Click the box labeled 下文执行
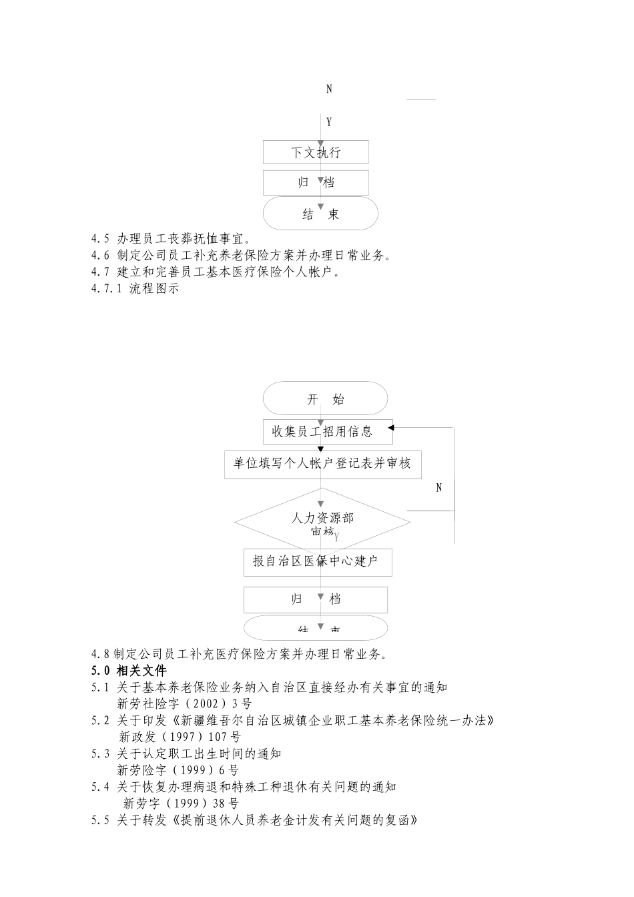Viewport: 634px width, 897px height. pyautogui.click(x=316, y=152)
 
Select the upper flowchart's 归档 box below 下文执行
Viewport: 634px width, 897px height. pyautogui.click(x=316, y=183)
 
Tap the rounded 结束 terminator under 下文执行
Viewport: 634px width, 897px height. pyautogui.click(x=320, y=214)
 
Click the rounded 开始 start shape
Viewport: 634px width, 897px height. pyautogui.click(x=325, y=399)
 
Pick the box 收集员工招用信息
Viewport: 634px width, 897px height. pyautogui.click(x=327, y=431)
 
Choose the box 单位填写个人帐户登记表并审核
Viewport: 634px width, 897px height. pyautogui.click(x=322, y=463)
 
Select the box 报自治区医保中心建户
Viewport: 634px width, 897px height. pyautogui.click(x=317, y=562)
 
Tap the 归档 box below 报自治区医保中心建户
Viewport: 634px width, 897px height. pyautogui.click(x=315, y=599)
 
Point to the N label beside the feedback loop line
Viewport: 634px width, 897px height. pyautogui.click(x=439, y=488)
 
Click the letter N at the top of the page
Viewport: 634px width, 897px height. pyautogui.click(x=329, y=89)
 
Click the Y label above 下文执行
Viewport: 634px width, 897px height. pyautogui.click(x=329, y=122)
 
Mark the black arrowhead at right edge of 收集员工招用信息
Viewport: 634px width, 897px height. pyautogui.click(x=390, y=428)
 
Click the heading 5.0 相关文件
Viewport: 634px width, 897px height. pyautogui.click(x=129, y=671)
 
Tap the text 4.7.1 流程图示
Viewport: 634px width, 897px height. pyautogui.click(x=135, y=289)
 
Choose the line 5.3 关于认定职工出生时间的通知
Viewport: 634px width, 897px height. pyautogui.click(x=186, y=754)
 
